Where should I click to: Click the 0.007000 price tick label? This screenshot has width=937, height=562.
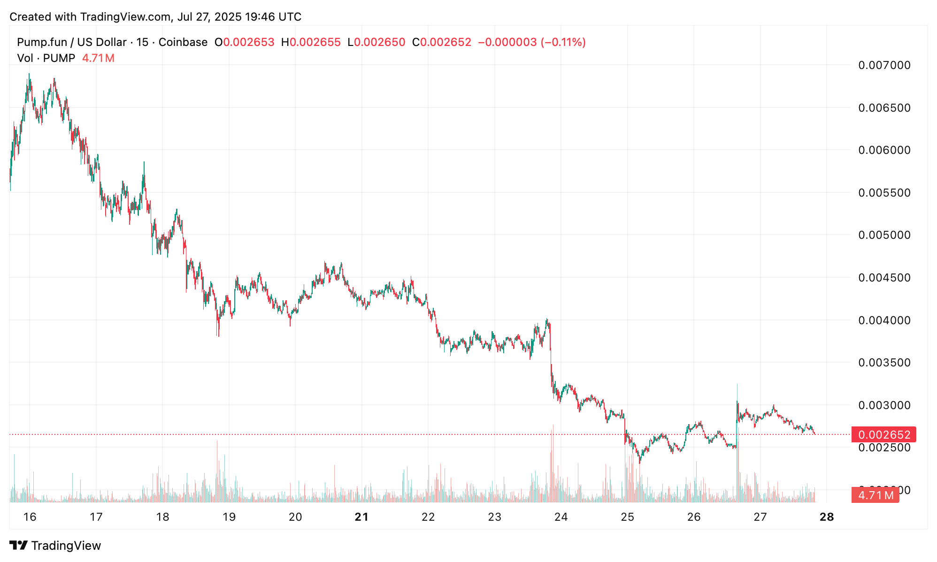click(884, 65)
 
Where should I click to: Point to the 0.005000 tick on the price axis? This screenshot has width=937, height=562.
click(884, 235)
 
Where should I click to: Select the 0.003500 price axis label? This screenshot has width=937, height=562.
click(884, 363)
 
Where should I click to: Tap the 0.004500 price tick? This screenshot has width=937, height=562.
click(884, 278)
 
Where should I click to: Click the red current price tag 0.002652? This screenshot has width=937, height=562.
click(883, 435)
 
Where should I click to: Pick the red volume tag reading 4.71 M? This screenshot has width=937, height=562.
click(875, 495)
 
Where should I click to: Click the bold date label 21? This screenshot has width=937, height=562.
click(361, 517)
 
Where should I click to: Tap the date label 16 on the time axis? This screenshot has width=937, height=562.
click(30, 517)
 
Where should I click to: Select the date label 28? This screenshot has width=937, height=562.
click(827, 517)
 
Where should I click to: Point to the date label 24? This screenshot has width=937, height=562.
click(561, 517)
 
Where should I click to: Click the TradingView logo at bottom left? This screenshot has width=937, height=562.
click(55, 546)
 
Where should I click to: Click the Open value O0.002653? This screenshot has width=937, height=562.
click(244, 42)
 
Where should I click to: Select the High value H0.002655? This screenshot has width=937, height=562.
click(311, 42)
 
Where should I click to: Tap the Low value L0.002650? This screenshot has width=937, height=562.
click(376, 42)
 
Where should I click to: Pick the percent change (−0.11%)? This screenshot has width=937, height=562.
click(563, 42)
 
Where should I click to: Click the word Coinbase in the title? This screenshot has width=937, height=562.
click(183, 42)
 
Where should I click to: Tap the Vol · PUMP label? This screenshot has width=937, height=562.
click(46, 58)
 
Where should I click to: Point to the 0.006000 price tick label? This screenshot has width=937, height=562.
click(884, 150)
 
